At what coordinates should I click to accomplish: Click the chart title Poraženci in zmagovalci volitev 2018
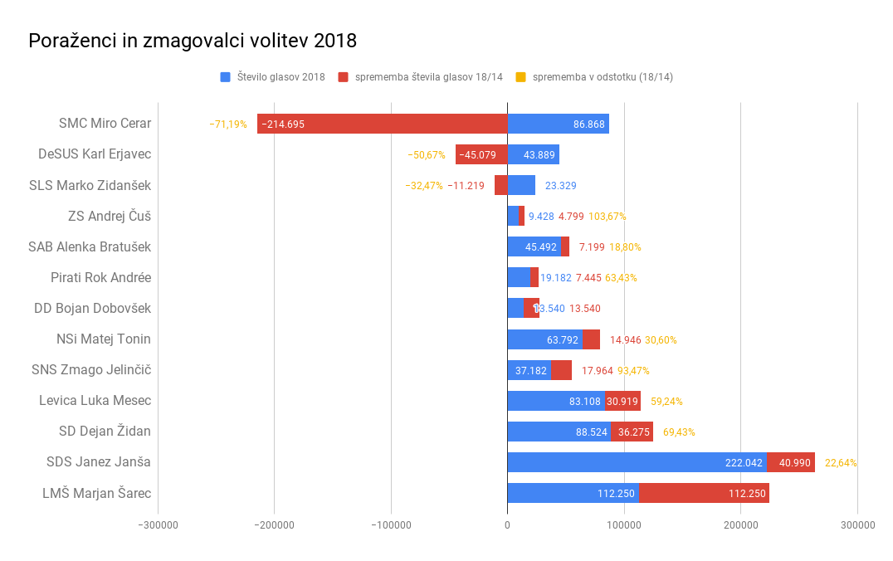(193, 41)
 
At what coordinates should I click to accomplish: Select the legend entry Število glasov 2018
(281, 77)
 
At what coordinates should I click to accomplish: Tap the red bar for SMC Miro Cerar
(382, 124)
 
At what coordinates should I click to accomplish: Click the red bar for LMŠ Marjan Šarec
(704, 493)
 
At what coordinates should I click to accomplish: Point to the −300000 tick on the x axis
(158, 524)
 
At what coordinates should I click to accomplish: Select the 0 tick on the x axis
(507, 524)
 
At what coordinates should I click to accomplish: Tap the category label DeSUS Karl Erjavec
(95, 154)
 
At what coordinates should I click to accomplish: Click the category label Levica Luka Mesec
(95, 401)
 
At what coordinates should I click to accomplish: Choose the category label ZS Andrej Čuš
(110, 216)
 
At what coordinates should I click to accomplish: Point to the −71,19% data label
(228, 124)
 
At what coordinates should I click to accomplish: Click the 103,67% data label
(608, 217)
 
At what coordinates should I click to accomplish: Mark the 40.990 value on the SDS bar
(794, 463)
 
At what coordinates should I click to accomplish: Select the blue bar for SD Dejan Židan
(559, 432)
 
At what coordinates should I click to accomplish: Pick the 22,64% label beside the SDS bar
(841, 463)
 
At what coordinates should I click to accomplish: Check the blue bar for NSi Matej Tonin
(544, 339)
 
